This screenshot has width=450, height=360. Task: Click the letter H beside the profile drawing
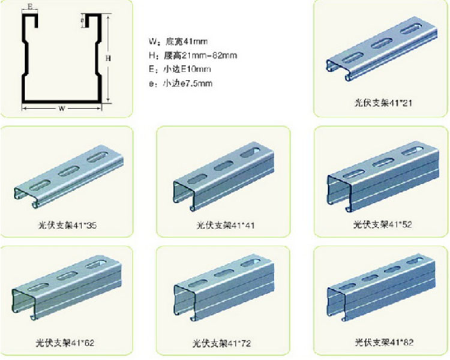click(x=107, y=58)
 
